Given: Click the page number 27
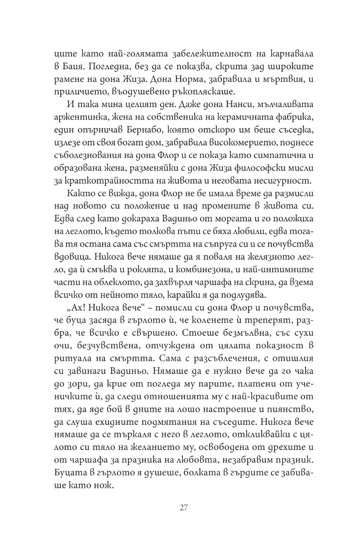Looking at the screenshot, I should click(183, 508).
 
